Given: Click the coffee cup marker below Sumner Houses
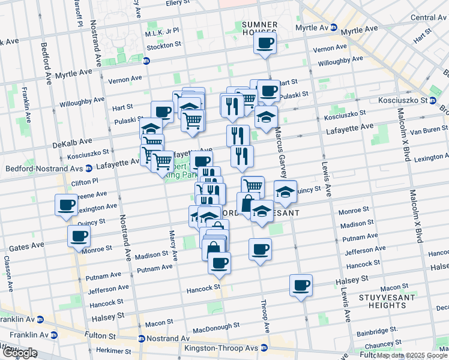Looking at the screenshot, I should click(x=265, y=43).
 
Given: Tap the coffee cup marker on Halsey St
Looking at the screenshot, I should click(x=301, y=285).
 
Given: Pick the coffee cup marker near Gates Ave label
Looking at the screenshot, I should click(x=79, y=236).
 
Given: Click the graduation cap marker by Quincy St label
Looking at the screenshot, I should click(x=285, y=191).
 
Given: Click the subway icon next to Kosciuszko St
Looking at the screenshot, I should click(x=432, y=101).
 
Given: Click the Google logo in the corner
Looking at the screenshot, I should click(x=19, y=353).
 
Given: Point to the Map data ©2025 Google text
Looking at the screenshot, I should click(x=412, y=355).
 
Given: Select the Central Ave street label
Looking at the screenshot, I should click(x=428, y=17).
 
